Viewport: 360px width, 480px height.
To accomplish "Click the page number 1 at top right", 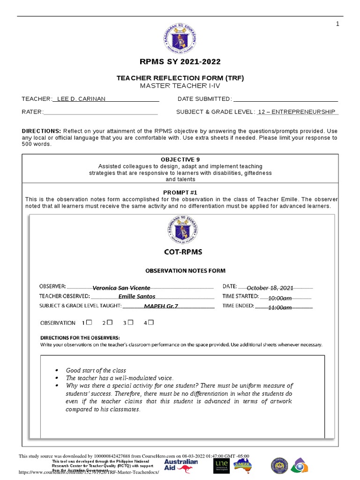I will pos(337,24).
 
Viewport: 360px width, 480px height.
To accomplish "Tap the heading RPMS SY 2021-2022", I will pos(180,62).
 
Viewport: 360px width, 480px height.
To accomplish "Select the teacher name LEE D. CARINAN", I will pos(81,99).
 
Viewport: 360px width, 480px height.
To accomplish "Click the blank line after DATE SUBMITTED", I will pos(285,99).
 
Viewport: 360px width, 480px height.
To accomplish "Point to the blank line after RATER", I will pos(100,112).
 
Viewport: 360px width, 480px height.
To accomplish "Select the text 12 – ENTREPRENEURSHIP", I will pos(297,112).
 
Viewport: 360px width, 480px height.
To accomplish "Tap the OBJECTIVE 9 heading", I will pos(180,160).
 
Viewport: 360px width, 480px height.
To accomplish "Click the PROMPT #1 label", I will pos(180,193).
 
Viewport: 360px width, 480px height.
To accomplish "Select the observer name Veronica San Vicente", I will pos(121,288).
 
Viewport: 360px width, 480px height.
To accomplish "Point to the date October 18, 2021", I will pos(270,288).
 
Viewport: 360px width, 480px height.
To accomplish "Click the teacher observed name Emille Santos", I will pos(137,296).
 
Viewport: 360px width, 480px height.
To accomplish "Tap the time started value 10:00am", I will pos(280,298).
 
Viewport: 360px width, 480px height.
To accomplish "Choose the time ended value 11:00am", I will pos(280,307).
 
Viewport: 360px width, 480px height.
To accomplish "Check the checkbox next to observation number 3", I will pos(131,322).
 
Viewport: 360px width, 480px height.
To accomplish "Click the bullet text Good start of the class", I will pos(96,370).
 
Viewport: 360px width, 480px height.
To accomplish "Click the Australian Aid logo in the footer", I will pos(181,465).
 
